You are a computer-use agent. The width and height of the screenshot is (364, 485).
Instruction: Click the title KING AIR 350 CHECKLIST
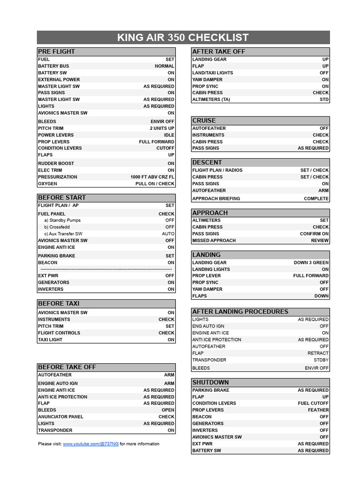(183, 38)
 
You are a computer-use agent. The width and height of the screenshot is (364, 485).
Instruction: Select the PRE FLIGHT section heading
(56, 52)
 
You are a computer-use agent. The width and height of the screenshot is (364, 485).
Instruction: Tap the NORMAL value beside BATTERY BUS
(164, 66)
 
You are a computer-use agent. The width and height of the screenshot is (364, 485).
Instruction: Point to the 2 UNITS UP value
(162, 128)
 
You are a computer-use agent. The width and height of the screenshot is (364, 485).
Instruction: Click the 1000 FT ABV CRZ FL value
(153, 177)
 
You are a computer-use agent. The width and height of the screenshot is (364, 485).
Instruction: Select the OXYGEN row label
(47, 184)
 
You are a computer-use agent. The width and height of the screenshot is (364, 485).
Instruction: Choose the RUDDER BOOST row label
(56, 163)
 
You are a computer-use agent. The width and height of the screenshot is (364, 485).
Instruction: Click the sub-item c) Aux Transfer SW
(63, 234)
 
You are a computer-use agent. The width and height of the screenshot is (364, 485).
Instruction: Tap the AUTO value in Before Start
(168, 234)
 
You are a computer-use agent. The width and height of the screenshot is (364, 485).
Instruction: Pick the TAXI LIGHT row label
(50, 340)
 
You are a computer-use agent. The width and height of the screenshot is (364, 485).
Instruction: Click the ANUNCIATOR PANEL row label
(61, 417)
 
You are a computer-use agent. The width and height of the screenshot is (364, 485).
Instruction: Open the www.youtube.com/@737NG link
(91, 444)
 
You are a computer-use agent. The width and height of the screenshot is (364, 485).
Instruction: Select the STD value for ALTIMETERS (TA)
(324, 100)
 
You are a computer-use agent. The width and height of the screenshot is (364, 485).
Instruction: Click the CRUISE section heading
(204, 121)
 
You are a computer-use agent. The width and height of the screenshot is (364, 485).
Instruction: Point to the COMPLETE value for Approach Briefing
(316, 199)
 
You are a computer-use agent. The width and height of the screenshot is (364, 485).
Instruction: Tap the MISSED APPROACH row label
(214, 241)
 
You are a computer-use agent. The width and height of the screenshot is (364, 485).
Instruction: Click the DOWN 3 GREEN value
(311, 262)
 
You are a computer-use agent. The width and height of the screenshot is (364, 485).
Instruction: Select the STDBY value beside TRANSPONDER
(321, 360)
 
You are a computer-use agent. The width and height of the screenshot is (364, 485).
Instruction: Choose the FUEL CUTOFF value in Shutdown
(313, 404)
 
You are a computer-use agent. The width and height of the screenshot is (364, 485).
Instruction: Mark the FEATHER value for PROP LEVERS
(318, 410)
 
